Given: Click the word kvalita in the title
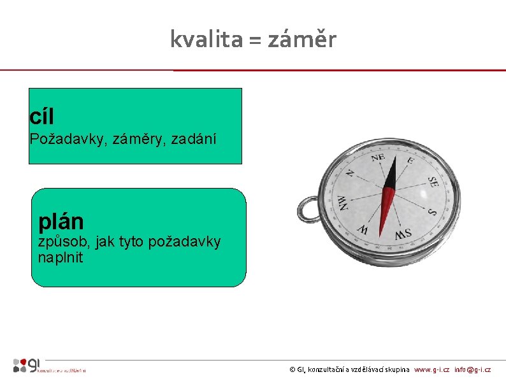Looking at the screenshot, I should [x=197, y=40].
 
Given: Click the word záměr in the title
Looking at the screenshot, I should [x=301, y=40].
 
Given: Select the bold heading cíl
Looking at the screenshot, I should [x=41, y=117].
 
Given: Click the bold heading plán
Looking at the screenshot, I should [x=61, y=221].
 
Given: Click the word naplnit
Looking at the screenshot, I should [x=61, y=259].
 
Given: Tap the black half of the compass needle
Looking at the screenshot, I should [x=392, y=171].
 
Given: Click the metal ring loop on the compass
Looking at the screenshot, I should [x=308, y=208].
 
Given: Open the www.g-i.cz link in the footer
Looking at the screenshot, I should [x=431, y=369].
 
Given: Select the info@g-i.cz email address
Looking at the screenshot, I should [x=472, y=369].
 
